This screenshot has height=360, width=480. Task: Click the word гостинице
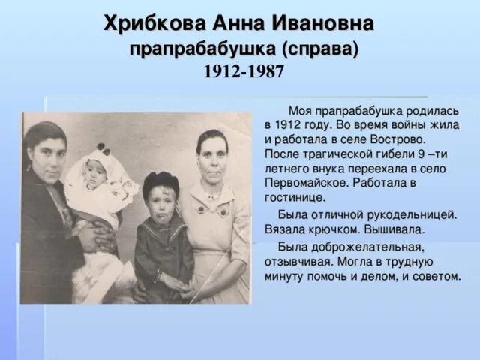(x=295, y=196)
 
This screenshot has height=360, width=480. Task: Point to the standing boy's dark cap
(x=161, y=182)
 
